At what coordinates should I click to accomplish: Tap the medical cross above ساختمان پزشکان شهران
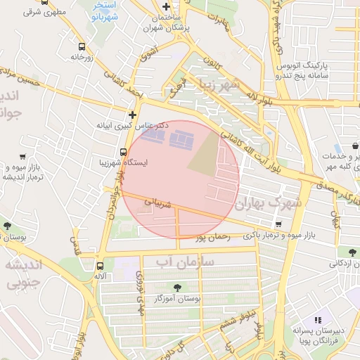tap(166, 6)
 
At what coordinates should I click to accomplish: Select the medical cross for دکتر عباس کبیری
tap(132, 114)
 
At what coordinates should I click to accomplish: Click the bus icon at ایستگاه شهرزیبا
tap(124, 152)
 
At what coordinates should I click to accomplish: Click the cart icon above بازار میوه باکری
tap(278, 224)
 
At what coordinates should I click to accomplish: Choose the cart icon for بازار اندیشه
tap(23, 157)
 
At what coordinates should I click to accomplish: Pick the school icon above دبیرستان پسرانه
tap(318, 320)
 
